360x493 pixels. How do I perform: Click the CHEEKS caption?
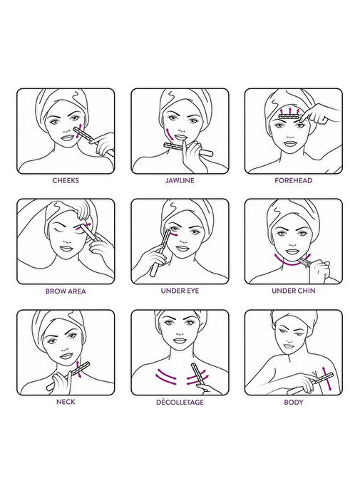tap(66, 180)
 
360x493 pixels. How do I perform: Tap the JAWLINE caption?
tap(180, 180)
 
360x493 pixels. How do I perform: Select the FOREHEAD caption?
tap(293, 180)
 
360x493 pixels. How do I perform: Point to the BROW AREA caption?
tap(66, 291)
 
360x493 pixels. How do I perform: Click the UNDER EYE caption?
tap(180, 291)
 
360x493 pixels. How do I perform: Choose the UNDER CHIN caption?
tap(293, 291)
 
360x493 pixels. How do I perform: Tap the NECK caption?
tap(66, 402)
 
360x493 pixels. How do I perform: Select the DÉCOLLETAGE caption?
tap(180, 402)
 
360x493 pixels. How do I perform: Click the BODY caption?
tap(293, 402)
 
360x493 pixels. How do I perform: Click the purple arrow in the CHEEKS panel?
tap(78, 131)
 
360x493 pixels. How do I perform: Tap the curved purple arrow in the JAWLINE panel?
tap(169, 134)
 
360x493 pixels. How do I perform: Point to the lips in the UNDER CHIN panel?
tap(292, 252)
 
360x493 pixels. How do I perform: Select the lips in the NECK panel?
tap(66, 356)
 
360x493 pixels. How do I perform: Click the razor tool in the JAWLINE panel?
tap(188, 150)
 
